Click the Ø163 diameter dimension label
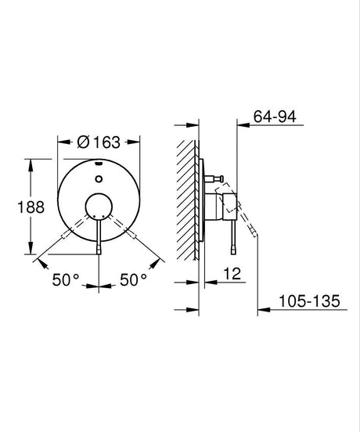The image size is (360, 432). pos(99,142)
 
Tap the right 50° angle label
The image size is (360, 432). pos(134,278)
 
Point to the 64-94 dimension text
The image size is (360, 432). pos(275,117)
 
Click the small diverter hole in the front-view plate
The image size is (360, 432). pos(99,180)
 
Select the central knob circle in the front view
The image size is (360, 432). pos(99,209)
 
